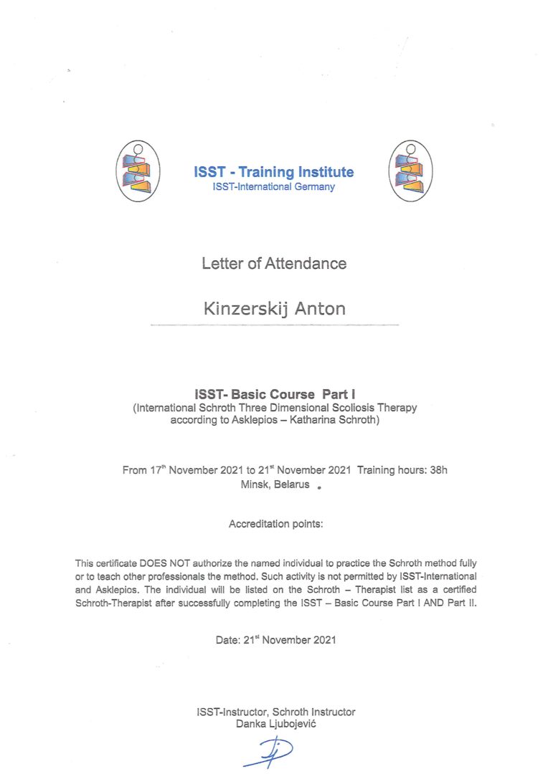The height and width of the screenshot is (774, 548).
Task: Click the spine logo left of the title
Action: (138, 171)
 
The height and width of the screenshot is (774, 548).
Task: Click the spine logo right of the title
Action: (410, 171)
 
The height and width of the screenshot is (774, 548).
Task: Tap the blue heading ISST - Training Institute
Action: (273, 172)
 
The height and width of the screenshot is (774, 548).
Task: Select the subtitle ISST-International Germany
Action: (273, 187)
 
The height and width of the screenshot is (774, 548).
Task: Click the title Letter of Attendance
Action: (274, 264)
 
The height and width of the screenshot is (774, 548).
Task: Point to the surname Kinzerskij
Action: (242, 309)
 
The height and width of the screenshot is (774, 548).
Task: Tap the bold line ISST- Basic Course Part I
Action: (275, 394)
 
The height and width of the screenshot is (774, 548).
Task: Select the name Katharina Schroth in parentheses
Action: (336, 420)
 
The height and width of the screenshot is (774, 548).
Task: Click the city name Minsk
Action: (255, 484)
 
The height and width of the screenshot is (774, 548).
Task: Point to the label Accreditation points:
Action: (276, 524)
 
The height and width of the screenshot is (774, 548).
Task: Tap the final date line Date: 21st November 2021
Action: (275, 639)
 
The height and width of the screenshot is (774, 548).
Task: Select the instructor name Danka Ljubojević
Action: (275, 724)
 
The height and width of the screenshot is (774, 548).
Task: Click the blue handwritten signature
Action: (268, 752)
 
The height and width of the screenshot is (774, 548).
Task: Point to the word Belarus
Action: (292, 484)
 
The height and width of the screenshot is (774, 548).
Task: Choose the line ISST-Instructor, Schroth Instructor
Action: (275, 712)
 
